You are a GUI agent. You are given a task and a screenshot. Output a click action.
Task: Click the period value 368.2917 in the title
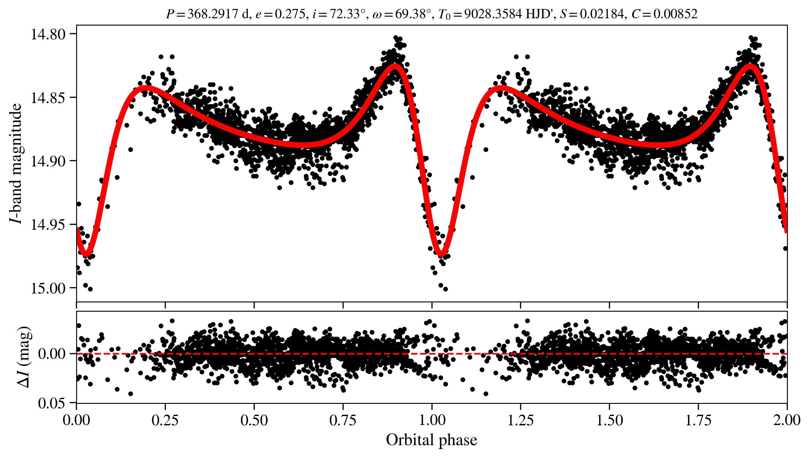pyautogui.click(x=212, y=14)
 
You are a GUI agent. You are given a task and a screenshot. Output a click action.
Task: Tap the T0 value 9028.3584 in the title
pyautogui.click(x=493, y=14)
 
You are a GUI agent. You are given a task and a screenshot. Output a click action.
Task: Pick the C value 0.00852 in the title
pyautogui.click(x=675, y=14)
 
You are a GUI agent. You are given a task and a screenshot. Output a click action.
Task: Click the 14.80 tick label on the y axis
pyautogui.click(x=44, y=34)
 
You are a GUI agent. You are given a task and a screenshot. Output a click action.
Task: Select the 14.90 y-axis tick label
pyautogui.click(x=44, y=161)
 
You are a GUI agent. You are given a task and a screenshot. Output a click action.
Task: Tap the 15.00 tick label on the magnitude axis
pyautogui.click(x=44, y=288)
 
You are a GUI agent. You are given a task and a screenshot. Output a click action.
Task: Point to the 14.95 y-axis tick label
pyautogui.click(x=44, y=225)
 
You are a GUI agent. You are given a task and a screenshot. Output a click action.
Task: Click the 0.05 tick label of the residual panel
pyautogui.click(x=51, y=403)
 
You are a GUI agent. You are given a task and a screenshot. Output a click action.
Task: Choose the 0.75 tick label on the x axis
pyautogui.click(x=343, y=420)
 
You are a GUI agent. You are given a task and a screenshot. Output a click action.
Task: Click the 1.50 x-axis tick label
pyautogui.click(x=609, y=420)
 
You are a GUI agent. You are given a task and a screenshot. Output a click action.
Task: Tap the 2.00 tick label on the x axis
pyautogui.click(x=787, y=420)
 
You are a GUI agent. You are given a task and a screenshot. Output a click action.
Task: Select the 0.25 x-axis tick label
pyautogui.click(x=165, y=420)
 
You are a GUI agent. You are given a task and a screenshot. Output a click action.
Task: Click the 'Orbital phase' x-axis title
pyautogui.click(x=431, y=440)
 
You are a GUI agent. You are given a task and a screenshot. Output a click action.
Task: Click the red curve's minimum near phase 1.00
pyautogui.click(x=441, y=255)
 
